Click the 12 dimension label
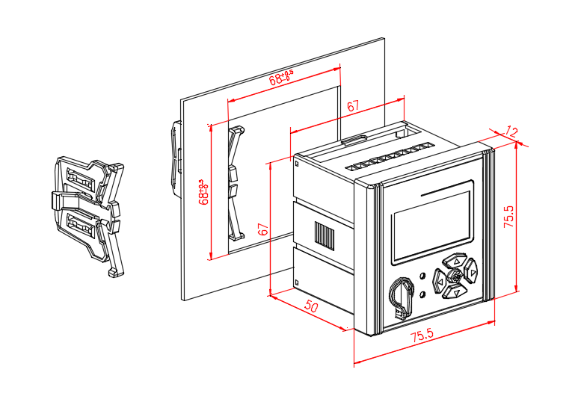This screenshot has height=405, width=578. pyautogui.click(x=511, y=132)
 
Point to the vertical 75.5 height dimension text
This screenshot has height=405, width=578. pyautogui.click(x=509, y=217)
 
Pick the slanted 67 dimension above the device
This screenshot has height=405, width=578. pyautogui.click(x=353, y=107)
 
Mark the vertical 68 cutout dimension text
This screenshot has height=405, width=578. pyautogui.click(x=202, y=191)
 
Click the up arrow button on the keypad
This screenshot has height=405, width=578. pyautogui.click(x=454, y=262)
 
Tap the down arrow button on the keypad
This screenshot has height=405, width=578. pyautogui.click(x=454, y=292)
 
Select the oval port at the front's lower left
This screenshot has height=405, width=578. pyautogui.click(x=400, y=297)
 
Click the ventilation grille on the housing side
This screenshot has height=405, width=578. pyautogui.click(x=325, y=235)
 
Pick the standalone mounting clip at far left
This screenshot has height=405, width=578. pyautogui.click(x=87, y=211)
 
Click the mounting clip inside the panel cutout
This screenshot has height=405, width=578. pyautogui.click(x=234, y=182)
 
